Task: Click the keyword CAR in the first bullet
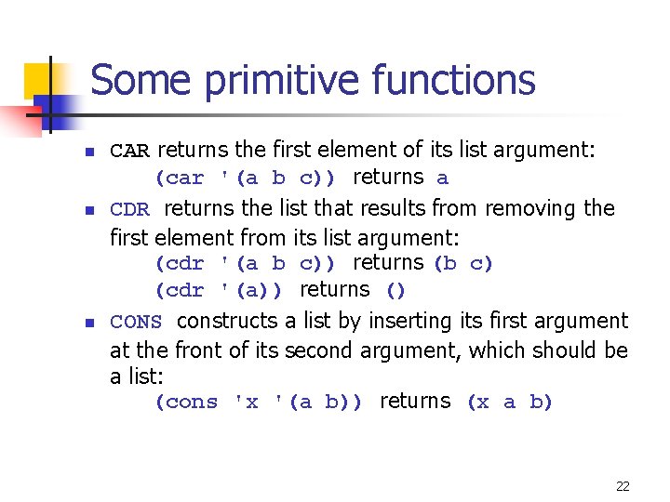point(129,151)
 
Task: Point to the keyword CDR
point(129,209)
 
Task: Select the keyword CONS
point(136,323)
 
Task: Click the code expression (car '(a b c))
point(246,178)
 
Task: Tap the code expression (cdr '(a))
point(220,290)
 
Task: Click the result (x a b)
point(509,403)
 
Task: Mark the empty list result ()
point(395,290)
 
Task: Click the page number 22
point(623,486)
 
